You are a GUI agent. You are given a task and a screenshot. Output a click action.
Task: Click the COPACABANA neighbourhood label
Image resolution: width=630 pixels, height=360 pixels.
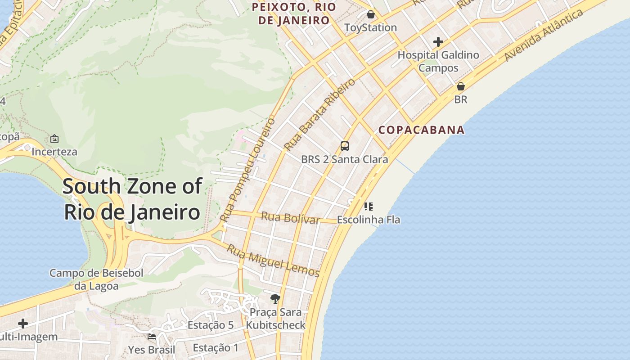(421, 130)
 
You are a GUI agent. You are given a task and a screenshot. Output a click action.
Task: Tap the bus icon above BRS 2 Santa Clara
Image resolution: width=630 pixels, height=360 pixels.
(344, 146)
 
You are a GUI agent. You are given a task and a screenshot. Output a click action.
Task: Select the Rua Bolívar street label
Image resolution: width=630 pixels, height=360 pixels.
(290, 218)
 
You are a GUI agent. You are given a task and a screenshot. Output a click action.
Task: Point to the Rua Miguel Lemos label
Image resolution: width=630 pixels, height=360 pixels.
(273, 261)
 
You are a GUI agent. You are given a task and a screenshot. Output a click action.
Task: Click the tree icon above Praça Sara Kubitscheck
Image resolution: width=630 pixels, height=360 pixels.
(275, 298)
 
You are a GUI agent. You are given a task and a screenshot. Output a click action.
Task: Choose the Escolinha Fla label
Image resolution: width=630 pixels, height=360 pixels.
(368, 220)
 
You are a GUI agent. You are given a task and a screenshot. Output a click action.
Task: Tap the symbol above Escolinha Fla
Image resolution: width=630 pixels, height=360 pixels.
(368, 207)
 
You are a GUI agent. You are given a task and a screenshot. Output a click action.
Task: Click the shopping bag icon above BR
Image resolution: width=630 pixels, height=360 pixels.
(460, 86)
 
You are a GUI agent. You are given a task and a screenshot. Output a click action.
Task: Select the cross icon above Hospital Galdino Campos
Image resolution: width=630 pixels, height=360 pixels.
(438, 42)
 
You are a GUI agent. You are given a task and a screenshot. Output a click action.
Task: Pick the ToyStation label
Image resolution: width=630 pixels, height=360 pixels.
(370, 27)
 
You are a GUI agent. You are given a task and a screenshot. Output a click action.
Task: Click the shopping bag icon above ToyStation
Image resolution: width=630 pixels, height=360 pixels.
(370, 14)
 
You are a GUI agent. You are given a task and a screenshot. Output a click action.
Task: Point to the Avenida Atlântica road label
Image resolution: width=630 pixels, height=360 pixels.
(543, 36)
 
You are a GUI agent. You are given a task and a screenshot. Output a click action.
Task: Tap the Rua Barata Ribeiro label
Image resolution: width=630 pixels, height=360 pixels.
(319, 114)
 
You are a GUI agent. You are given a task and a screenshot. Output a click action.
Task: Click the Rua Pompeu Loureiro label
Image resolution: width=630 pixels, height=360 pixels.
(247, 170)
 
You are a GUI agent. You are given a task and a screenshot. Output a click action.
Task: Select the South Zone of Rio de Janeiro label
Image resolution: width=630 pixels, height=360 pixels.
(132, 198)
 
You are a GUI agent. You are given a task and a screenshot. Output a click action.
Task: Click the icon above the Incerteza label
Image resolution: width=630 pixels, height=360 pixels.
(54, 139)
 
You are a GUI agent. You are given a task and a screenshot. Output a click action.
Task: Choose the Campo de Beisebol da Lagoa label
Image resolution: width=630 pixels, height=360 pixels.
(96, 279)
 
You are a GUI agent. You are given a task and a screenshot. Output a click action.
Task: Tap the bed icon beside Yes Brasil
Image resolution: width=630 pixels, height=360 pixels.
(152, 336)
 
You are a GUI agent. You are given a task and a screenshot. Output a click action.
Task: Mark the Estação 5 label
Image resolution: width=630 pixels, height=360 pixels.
(210, 325)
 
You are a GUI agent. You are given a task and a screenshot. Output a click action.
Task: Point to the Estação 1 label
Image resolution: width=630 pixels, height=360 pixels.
(216, 347)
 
